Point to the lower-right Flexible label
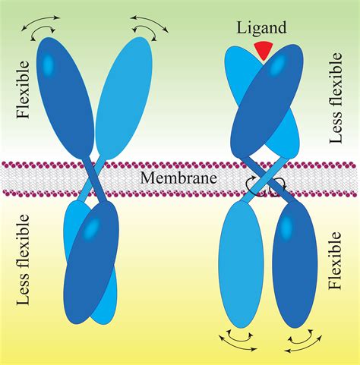point(337,262)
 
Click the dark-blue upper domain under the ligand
point(266,106)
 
